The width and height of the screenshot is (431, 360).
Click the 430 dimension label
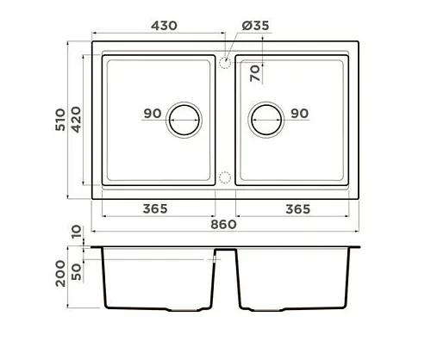pyautogui.click(x=164, y=26)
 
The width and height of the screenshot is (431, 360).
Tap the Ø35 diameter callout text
pyautogui.click(x=255, y=26)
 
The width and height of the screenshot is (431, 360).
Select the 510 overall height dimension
pyautogui.click(x=60, y=120)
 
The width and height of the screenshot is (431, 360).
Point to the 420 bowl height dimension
pyautogui.click(x=76, y=120)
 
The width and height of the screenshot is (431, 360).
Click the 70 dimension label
pyautogui.click(x=255, y=73)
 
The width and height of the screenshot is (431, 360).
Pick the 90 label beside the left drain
pyautogui.click(x=153, y=114)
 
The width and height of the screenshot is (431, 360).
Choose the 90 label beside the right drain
pyautogui.click(x=300, y=114)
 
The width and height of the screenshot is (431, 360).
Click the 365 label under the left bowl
pyautogui.click(x=155, y=208)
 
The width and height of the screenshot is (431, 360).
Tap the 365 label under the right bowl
pyautogui.click(x=298, y=209)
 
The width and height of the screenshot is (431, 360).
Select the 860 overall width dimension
pyautogui.click(x=223, y=224)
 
